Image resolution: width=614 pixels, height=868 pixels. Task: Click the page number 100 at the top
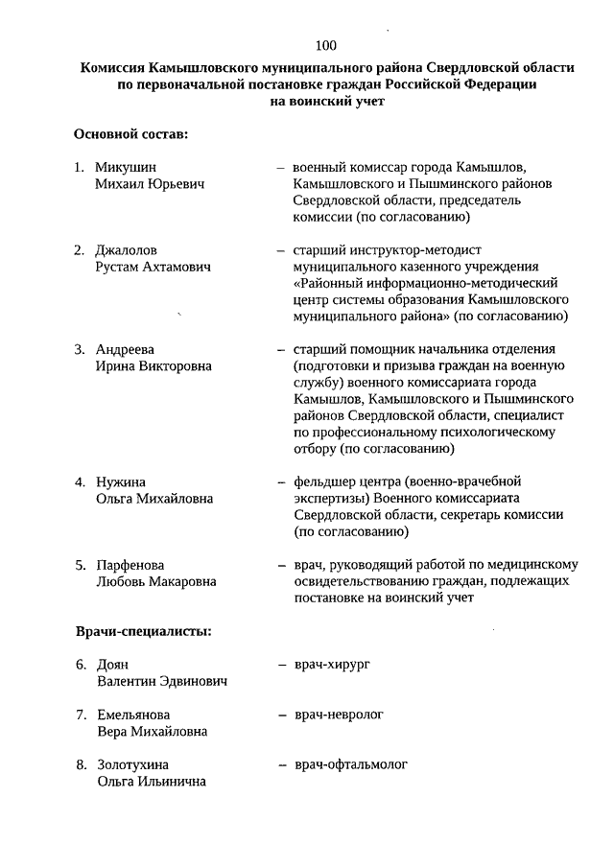click(325, 45)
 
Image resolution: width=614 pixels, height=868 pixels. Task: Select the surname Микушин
click(126, 166)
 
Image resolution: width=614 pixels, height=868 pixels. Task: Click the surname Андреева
click(125, 349)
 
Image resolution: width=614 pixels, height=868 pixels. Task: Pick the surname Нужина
click(121, 481)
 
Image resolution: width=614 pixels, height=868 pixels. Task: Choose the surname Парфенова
click(130, 565)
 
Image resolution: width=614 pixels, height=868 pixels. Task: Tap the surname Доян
click(112, 665)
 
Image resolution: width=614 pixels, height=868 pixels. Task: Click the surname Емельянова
click(133, 716)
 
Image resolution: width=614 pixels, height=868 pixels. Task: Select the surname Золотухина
click(132, 764)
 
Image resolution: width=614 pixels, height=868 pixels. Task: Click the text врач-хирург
click(332, 664)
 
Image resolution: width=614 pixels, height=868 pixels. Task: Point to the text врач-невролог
click(339, 715)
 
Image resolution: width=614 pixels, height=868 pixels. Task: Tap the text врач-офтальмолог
click(351, 764)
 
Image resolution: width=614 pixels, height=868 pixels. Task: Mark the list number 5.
click(81, 565)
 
